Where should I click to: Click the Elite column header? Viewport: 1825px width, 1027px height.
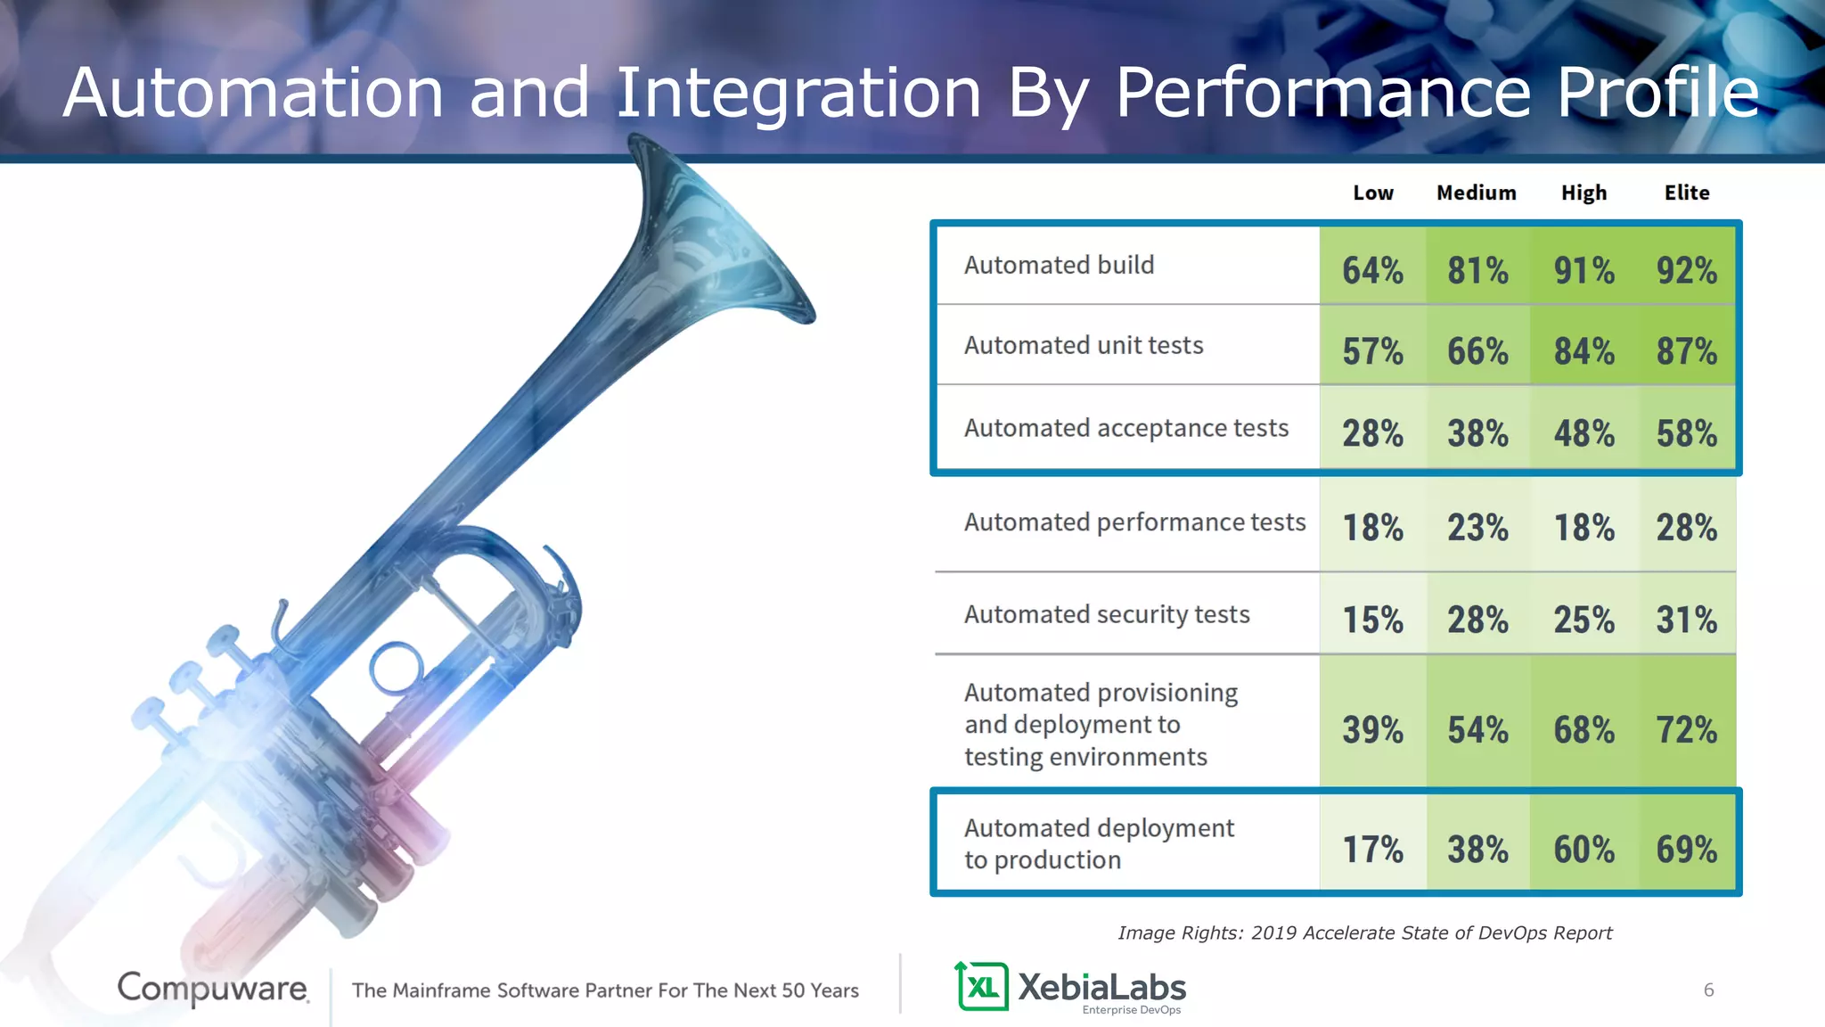click(1686, 193)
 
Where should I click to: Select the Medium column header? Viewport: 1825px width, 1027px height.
click(1476, 193)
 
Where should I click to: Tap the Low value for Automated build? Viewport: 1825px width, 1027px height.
click(1372, 270)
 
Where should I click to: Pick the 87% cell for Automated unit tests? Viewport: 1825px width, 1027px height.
click(1686, 350)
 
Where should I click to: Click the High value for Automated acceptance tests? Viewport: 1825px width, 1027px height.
click(1584, 433)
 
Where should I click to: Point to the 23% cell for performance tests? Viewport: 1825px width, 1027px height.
click(1477, 527)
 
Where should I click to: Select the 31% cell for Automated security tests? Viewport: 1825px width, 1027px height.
click(1686, 619)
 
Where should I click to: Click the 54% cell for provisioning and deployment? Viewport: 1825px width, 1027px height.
click(1477, 729)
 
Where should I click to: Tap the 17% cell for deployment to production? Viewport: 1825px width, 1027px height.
click(1372, 849)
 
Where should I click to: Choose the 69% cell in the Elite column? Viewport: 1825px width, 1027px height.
click(1686, 849)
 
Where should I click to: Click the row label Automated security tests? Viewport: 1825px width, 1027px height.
click(1107, 614)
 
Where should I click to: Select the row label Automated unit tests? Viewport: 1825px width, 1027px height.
click(1084, 345)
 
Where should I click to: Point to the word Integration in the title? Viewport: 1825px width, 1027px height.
click(798, 93)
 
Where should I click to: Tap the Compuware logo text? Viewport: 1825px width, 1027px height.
click(213, 988)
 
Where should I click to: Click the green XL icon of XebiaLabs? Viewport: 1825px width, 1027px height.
click(982, 986)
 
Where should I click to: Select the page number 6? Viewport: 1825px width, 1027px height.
click(1708, 990)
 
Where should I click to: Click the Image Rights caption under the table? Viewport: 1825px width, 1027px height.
click(1364, 933)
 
